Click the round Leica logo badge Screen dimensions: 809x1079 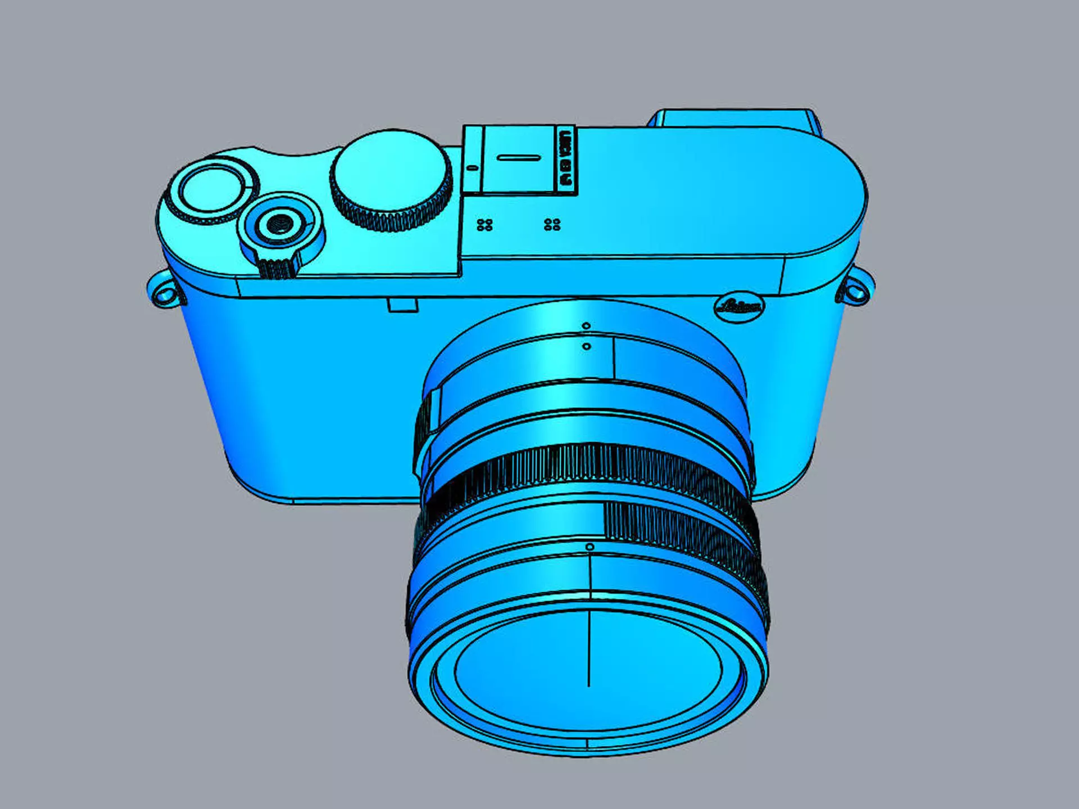click(740, 307)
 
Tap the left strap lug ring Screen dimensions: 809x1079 click(164, 293)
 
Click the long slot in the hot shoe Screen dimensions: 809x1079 click(519, 158)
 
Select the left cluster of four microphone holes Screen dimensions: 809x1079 click(484, 225)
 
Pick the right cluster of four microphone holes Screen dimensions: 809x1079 click(552, 225)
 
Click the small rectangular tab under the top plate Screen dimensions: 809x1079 click(402, 306)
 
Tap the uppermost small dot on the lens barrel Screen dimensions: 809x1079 click(586, 326)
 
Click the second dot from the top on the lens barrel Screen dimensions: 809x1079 click(587, 347)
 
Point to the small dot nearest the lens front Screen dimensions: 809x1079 click(590, 547)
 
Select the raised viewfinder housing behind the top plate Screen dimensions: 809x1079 click(733, 119)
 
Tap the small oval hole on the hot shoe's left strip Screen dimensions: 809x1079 click(472, 167)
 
